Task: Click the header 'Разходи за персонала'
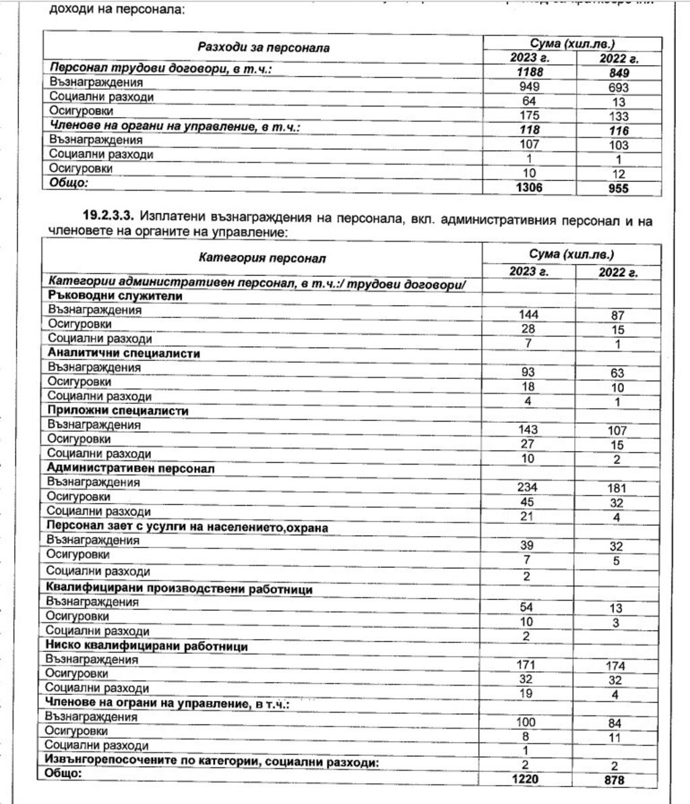coord(263,48)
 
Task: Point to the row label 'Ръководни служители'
coord(115,296)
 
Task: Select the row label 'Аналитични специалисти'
coord(124,354)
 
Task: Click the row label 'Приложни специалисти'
coord(118,411)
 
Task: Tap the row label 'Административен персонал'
coord(131,468)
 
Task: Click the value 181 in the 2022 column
coord(615,488)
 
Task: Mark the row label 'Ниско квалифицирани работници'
coord(148,646)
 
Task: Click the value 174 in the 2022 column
coord(615,666)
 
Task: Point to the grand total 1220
coord(526,780)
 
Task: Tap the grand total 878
coord(615,780)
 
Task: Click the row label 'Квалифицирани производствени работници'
coord(180,589)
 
